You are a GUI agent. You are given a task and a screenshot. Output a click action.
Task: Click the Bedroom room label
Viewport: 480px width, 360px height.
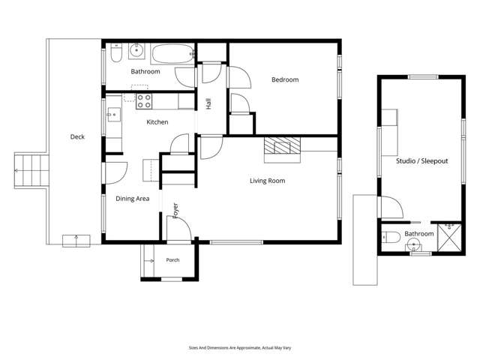(x=285, y=79)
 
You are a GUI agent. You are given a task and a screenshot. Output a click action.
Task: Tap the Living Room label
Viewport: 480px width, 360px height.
(x=267, y=181)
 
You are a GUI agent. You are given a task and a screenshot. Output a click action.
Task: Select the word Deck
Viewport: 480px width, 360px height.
(x=77, y=136)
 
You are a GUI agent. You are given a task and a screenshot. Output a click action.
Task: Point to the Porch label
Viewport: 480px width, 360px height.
(x=172, y=260)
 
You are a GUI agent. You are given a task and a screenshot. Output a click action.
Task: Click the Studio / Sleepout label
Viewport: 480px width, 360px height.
(x=421, y=160)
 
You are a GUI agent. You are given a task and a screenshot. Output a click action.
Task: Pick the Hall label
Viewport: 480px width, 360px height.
(x=208, y=103)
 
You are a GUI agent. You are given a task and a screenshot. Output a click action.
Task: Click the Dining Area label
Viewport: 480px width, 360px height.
(x=133, y=199)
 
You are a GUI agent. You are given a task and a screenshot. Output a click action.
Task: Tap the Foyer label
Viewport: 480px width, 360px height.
(x=175, y=211)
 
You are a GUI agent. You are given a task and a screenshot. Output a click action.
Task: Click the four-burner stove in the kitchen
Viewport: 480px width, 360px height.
(x=144, y=101)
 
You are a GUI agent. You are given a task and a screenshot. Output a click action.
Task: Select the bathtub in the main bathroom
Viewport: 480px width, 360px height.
(x=172, y=54)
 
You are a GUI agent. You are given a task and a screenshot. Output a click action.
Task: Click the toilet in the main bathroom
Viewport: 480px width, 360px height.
(x=116, y=52)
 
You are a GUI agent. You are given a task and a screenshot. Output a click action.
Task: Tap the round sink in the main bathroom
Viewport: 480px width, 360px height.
(x=136, y=50)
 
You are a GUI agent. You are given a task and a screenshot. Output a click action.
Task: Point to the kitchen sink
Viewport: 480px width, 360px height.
(x=113, y=115)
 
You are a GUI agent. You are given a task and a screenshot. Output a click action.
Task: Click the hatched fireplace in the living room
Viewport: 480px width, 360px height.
(x=282, y=145)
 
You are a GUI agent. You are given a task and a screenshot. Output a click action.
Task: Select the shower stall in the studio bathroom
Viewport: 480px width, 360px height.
(x=449, y=238)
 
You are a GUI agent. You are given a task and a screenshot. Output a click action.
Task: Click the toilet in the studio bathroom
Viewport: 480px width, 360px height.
(x=391, y=237)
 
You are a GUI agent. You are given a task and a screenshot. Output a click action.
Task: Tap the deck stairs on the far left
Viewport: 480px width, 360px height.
(x=31, y=170)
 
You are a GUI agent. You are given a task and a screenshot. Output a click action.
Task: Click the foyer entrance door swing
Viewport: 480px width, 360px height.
(x=179, y=228)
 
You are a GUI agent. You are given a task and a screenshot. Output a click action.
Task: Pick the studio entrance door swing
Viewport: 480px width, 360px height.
(x=391, y=207)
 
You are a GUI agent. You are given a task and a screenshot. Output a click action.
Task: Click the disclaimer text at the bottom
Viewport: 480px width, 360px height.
(x=240, y=348)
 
